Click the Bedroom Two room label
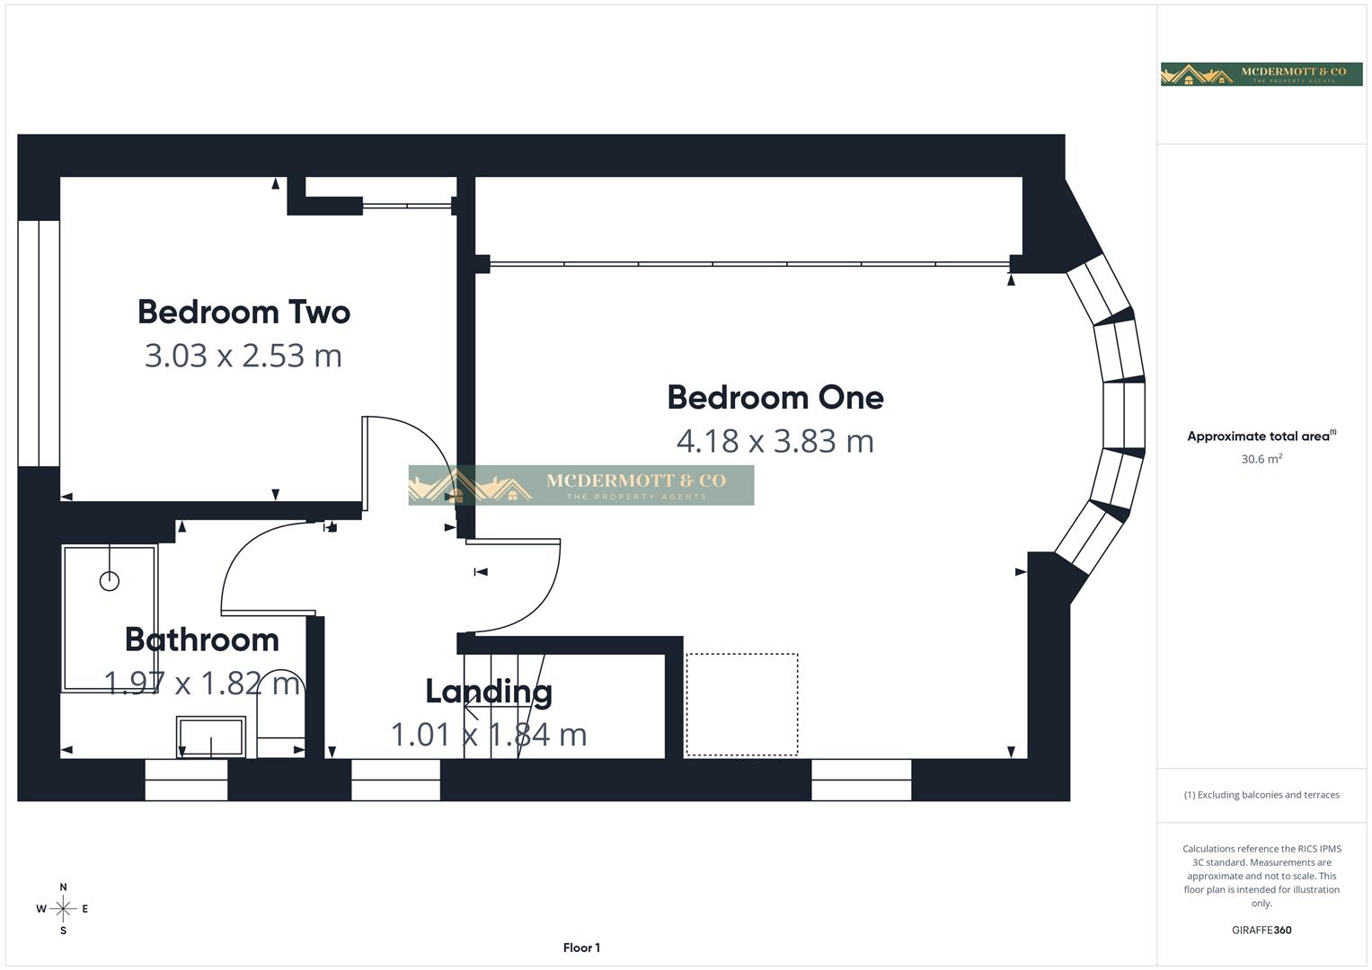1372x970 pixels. (243, 312)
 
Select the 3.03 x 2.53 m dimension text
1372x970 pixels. (243, 356)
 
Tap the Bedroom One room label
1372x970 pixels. (775, 397)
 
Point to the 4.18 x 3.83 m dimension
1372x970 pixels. (775, 441)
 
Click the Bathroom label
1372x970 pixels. (201, 639)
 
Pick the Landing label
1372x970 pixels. (488, 691)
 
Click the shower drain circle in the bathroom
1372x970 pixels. (110, 581)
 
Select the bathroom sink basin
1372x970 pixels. (211, 736)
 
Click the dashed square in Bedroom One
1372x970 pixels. (742, 705)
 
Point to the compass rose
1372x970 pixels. (63, 909)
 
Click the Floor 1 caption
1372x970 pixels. (581, 948)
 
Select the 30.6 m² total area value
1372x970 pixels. (1261, 459)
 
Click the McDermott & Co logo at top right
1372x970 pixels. (1261, 74)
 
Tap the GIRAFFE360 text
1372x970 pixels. (1261, 930)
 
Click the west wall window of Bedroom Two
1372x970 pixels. (39, 343)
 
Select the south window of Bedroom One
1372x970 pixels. (861, 780)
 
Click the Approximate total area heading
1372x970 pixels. (1261, 436)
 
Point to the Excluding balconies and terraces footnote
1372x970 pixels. (1261, 795)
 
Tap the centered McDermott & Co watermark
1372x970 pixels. (581, 485)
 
